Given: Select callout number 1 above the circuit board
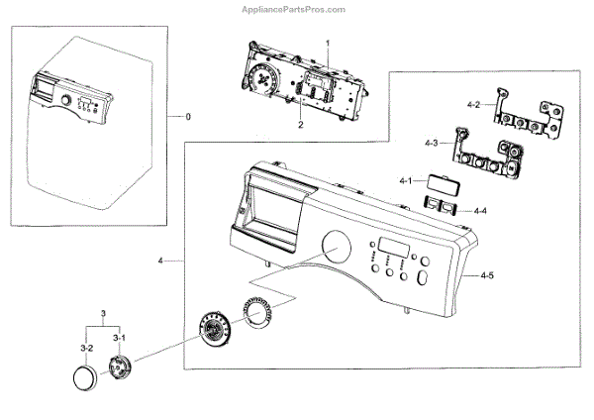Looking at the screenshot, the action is pos(329,45).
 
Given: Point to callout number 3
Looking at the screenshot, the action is pos(103,314).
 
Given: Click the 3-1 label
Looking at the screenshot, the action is pos(119,338).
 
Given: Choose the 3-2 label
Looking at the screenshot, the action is pos(86,348).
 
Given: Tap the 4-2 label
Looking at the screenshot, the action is pos(473,104).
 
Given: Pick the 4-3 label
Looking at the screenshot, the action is pos(431,145).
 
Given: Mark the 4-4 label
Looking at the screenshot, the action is pos(480,211).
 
